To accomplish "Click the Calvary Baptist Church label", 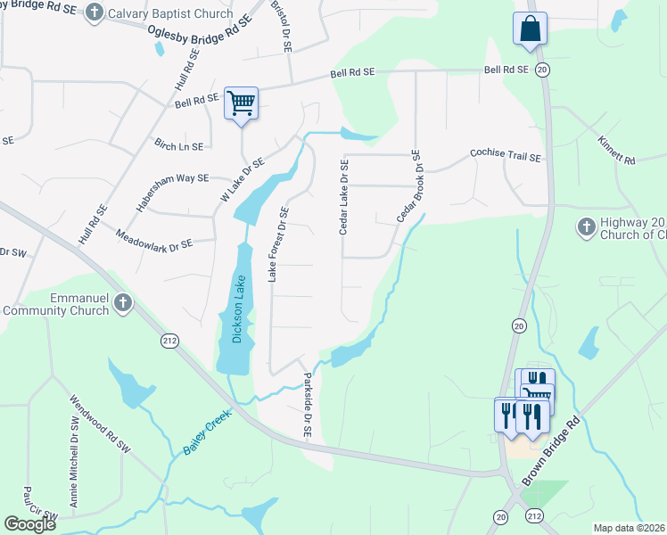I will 169,13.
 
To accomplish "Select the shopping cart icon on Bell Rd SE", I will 241,103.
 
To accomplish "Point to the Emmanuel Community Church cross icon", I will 123,304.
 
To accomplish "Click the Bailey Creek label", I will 207,432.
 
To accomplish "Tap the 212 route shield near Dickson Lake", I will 169,341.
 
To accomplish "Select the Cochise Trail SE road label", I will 506,156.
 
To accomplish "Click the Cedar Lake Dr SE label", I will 343,198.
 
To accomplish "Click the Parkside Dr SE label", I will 308,404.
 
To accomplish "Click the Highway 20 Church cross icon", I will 586,224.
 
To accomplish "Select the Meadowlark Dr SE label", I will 154,239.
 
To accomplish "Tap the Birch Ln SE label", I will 178,145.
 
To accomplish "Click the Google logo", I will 30,524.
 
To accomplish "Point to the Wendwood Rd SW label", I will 99,425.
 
